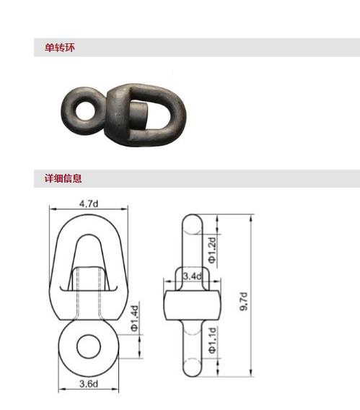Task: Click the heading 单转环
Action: coord(59,48)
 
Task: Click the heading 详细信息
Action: coord(63,178)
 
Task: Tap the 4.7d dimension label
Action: coord(88,204)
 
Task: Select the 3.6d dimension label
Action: coord(89,383)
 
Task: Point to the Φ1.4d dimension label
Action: coord(134,318)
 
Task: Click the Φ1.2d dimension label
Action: coord(212,249)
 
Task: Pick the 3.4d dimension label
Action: coord(192,276)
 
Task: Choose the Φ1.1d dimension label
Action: coord(212,339)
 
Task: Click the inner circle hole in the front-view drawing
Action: coord(89,344)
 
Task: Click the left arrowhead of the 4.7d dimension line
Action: coord(51,209)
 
